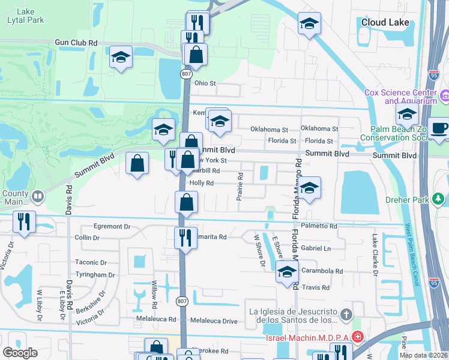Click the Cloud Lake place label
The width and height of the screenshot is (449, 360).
pyautogui.click(x=385, y=22)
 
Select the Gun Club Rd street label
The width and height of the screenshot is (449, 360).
pyautogui.click(x=76, y=43)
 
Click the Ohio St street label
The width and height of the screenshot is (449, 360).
pyautogui.click(x=205, y=83)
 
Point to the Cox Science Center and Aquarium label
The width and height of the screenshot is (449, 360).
pyautogui.click(x=400, y=97)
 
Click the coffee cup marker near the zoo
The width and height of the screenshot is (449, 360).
pyautogui.click(x=440, y=128)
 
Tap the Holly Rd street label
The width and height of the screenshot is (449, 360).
pyautogui.click(x=202, y=183)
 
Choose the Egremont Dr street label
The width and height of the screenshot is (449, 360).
pyautogui.click(x=112, y=227)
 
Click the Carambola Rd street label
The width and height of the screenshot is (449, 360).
pyautogui.click(x=322, y=271)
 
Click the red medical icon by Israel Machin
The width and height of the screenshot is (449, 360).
pyautogui.click(x=358, y=337)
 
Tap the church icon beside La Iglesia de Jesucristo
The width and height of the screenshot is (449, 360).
pyautogui.click(x=346, y=314)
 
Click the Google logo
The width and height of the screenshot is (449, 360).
pyautogui.click(x=20, y=352)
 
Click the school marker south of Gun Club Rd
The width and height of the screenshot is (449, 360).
pyautogui.click(x=120, y=57)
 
